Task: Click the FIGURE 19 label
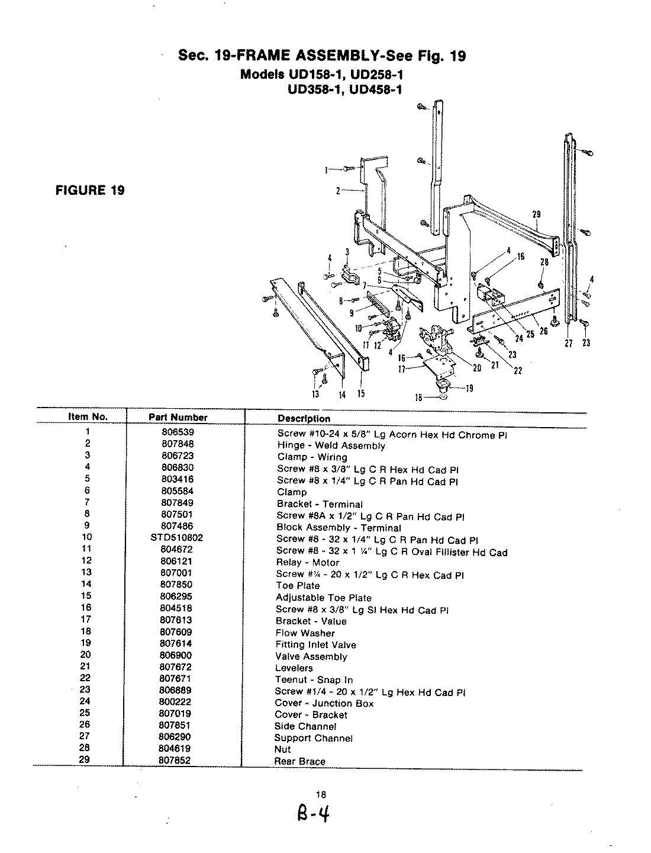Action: (90, 190)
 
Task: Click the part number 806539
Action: (178, 432)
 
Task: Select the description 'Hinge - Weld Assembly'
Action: (331, 445)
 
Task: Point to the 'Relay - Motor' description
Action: (308, 562)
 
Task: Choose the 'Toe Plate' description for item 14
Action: (297, 585)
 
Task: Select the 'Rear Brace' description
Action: (299, 761)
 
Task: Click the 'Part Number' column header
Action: (178, 417)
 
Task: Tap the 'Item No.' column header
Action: (88, 416)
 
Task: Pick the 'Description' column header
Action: (304, 418)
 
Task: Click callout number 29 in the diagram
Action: (536, 214)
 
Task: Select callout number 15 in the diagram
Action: (360, 394)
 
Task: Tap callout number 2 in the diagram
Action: (338, 191)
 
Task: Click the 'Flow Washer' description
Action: (305, 633)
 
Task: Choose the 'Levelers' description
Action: (294, 668)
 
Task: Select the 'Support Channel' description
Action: (313, 738)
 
